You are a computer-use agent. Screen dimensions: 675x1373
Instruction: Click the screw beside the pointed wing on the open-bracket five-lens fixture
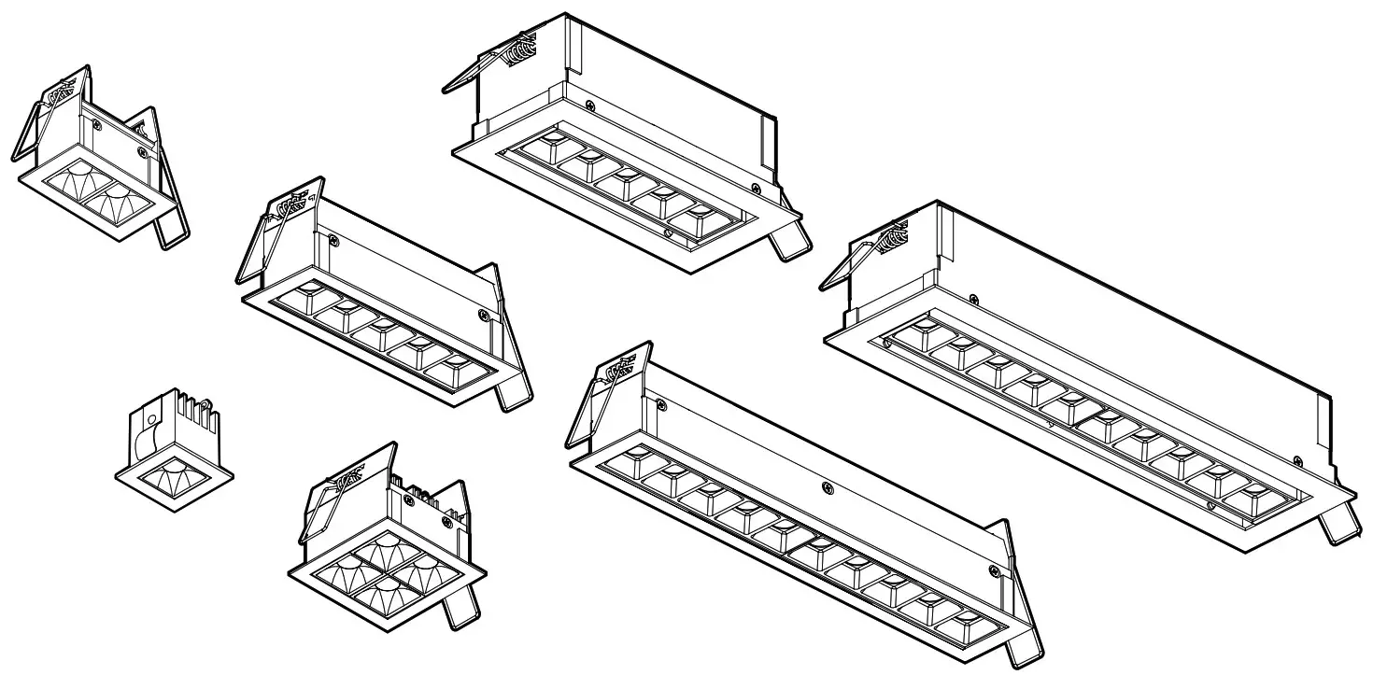coord(483,315)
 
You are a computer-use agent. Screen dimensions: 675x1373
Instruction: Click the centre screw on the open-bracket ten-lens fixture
coord(827,486)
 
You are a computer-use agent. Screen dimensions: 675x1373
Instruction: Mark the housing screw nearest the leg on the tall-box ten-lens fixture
coord(1297,459)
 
